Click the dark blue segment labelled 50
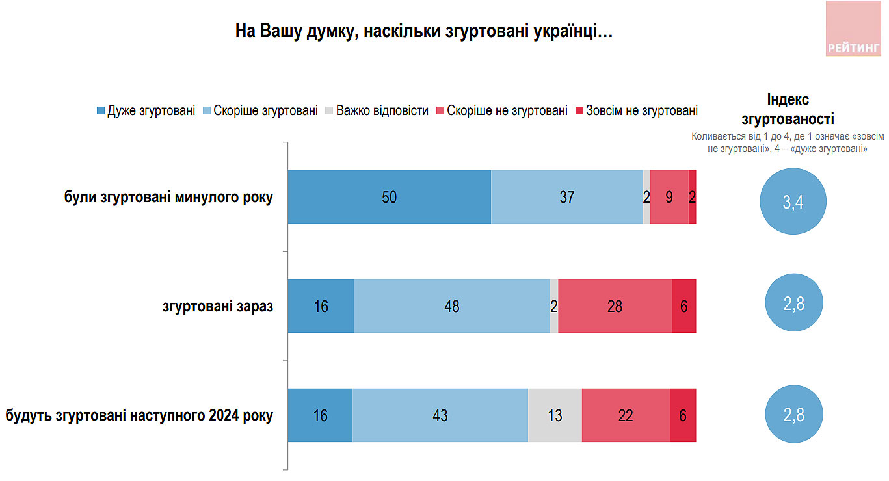coord(389,197)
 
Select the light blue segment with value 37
coord(567,197)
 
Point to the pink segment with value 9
coord(669,197)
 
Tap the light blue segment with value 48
coord(451,306)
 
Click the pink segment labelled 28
coord(615,306)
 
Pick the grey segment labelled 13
coord(555,415)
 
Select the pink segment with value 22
coord(626,415)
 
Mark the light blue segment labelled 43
coord(440,415)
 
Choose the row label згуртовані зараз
coord(217,307)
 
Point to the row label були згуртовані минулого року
coord(168,198)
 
